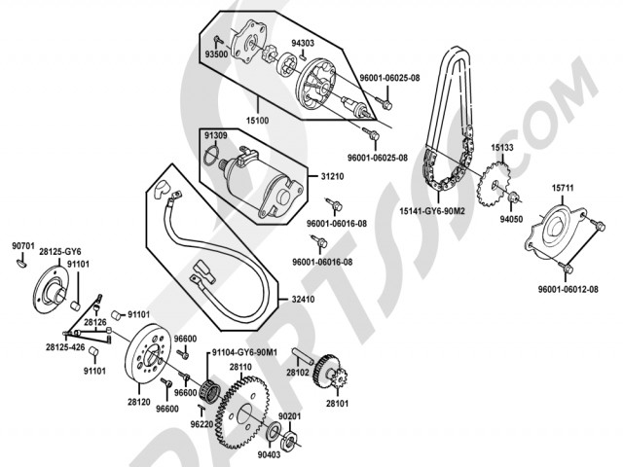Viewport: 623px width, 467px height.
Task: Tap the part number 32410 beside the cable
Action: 304,299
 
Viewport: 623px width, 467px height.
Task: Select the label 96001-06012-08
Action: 568,290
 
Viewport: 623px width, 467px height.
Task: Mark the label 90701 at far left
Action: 23,246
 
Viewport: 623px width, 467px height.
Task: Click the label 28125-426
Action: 64,346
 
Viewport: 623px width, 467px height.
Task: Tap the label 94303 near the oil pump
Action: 303,44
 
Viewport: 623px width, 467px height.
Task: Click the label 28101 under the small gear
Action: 337,403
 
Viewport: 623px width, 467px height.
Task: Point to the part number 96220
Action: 202,424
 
